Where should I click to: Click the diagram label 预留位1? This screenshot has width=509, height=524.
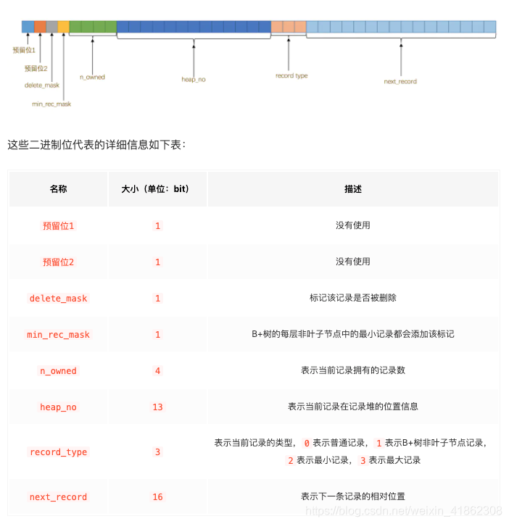point(24,50)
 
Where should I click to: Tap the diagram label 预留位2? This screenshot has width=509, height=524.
point(36,68)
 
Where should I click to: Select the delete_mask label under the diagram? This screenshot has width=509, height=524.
point(42,85)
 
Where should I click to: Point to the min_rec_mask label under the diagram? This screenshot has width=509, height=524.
point(51,104)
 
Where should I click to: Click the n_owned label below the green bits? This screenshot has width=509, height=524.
point(92,77)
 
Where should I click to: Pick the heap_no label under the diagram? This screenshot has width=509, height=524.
point(194,79)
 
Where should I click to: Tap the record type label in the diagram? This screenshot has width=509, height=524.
point(291,75)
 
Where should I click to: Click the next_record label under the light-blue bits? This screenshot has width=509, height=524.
point(400,81)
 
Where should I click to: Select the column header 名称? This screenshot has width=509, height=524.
point(58,189)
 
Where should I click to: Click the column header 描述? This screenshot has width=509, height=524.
point(353,189)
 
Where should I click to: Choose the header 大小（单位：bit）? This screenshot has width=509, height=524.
point(157,189)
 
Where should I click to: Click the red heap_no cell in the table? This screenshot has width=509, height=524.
point(58,407)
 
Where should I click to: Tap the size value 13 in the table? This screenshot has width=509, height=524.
point(157,407)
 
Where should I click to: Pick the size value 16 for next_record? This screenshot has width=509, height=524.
point(157,497)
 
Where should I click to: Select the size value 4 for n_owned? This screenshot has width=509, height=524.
point(157,371)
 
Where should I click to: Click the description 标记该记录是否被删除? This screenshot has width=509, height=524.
point(353,298)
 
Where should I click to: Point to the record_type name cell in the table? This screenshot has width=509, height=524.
point(58,452)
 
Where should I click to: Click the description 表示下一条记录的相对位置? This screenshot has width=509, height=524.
point(353,497)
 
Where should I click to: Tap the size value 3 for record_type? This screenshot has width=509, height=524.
point(157,452)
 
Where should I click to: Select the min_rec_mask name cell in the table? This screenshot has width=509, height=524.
point(58,335)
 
